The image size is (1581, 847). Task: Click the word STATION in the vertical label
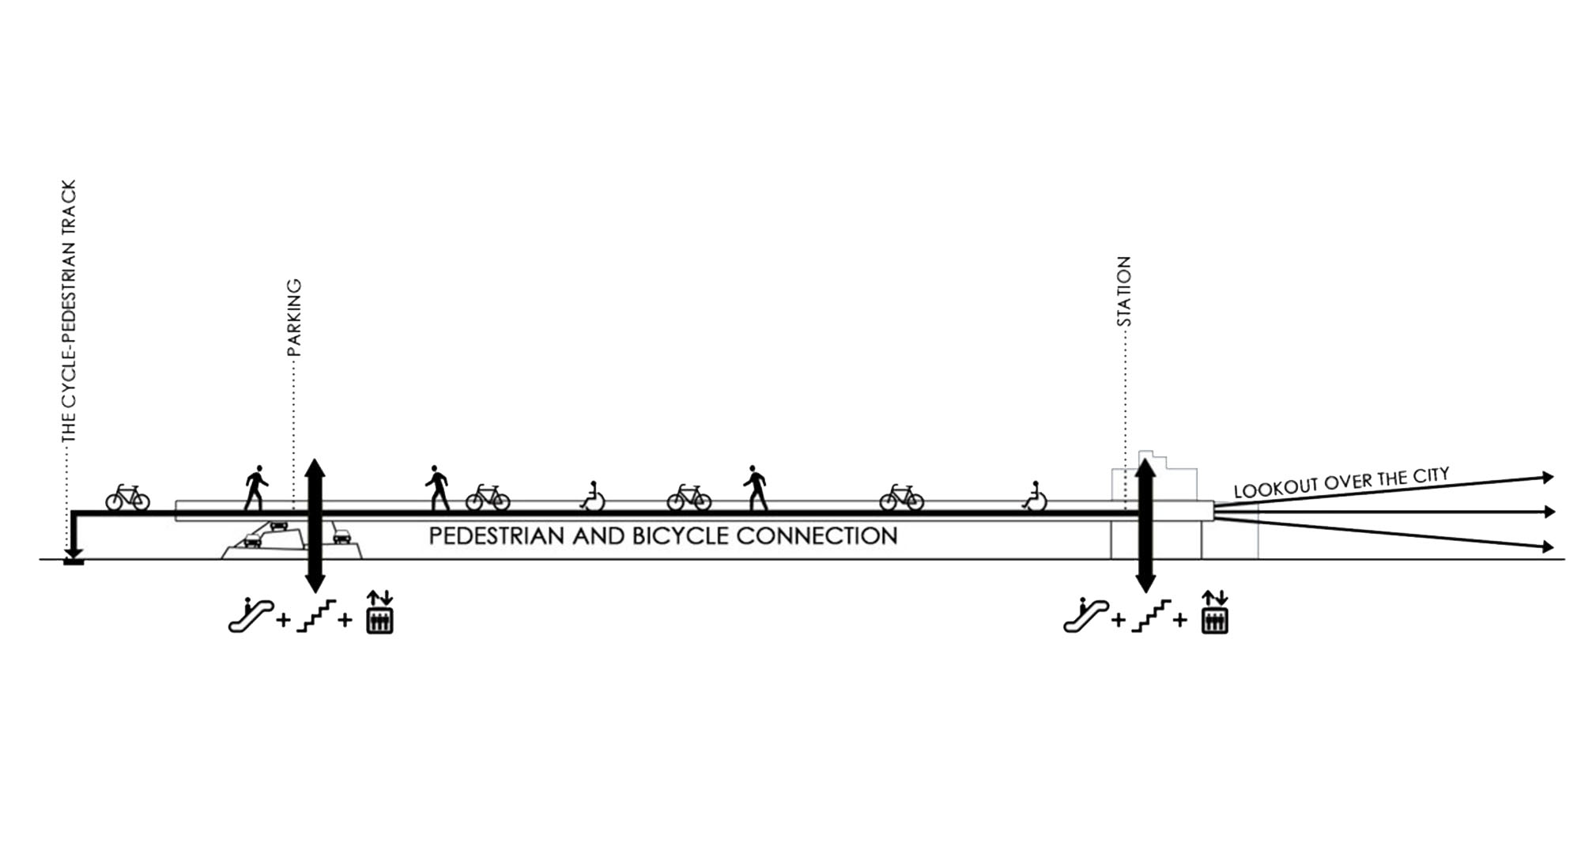pos(1123,291)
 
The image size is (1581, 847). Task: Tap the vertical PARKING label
pos(294,316)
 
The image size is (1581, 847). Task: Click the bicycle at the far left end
pos(128,498)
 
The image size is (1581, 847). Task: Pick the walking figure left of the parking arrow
pos(256,487)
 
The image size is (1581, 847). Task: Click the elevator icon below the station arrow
pos(1215,611)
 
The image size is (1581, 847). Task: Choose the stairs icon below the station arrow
pos(1150,615)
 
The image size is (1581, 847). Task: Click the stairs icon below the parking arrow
pos(316,615)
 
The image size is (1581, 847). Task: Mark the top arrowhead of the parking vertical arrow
pos(315,467)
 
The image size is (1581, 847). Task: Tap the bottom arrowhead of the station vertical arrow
pos(1145,584)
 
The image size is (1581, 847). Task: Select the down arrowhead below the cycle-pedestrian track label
pos(74,555)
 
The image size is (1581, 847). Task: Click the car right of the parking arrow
pos(341,536)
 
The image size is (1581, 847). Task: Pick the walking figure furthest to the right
pos(755,487)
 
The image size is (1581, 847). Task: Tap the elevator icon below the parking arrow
pos(379,611)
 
